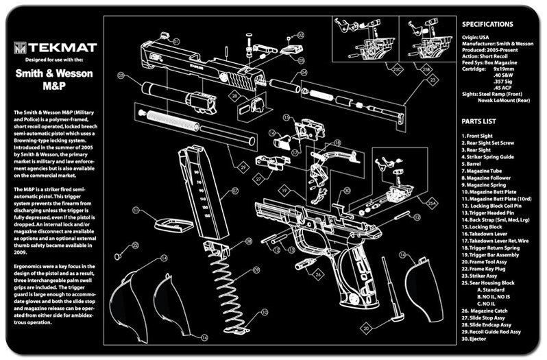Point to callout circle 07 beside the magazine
pyautogui.click(x=234, y=190)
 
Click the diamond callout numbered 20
pyautogui.click(x=367, y=328)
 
